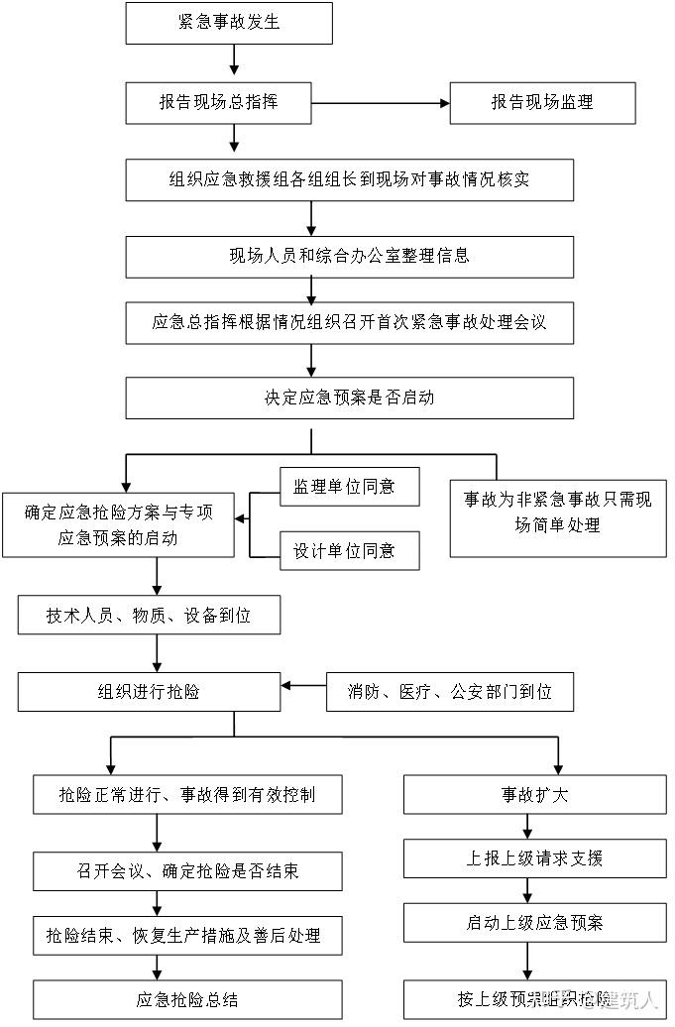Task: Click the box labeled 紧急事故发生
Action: point(228,23)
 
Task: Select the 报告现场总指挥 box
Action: point(219,102)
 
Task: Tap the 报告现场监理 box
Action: point(542,102)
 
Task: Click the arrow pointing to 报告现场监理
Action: point(382,102)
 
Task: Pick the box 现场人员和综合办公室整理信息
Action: point(349,257)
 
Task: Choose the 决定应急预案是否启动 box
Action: point(349,399)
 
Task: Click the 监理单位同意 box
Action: point(349,487)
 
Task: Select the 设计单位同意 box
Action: point(349,550)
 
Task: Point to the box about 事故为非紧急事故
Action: point(557,513)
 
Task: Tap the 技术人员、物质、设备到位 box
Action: point(149,615)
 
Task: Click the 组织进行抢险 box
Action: point(149,691)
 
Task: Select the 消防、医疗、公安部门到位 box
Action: point(450,691)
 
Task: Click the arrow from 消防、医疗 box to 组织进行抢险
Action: point(303,685)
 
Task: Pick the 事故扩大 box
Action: point(534,795)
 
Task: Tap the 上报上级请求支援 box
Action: point(534,858)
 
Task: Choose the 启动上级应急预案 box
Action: point(534,923)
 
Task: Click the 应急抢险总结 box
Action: point(187,999)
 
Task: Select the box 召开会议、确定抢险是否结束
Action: point(187,871)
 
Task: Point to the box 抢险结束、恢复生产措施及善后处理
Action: point(187,935)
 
